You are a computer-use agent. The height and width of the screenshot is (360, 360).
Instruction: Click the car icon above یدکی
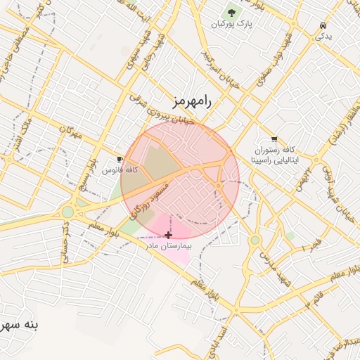[x=322, y=23]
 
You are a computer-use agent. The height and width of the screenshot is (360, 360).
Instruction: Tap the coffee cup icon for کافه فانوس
[x=120, y=159]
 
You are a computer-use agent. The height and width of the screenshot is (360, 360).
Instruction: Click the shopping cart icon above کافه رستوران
[x=274, y=139]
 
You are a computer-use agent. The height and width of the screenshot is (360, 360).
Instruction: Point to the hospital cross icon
[x=167, y=234]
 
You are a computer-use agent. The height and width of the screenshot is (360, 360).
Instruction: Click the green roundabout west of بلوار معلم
[x=67, y=212]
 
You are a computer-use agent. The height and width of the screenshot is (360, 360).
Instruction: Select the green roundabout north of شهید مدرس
[x=255, y=240]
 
